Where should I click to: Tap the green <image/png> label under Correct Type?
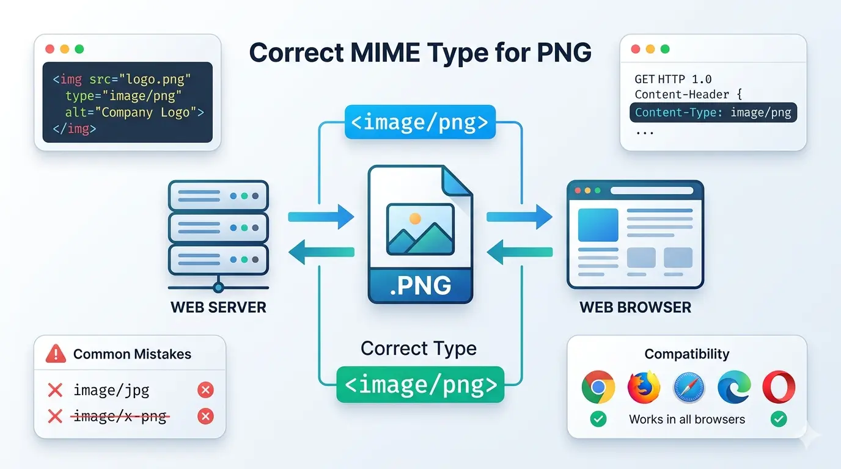click(x=420, y=385)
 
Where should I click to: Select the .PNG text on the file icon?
click(x=420, y=285)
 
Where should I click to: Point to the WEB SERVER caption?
click(x=218, y=307)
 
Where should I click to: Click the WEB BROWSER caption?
click(x=635, y=307)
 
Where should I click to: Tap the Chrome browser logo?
click(x=598, y=387)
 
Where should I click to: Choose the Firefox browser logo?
click(x=644, y=387)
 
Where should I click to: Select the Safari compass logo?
click(x=689, y=387)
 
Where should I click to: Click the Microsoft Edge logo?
click(x=734, y=387)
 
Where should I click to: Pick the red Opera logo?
click(x=779, y=387)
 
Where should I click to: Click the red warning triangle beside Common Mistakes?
click(x=56, y=353)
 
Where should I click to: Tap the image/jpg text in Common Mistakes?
click(x=111, y=390)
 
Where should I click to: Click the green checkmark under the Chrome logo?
click(x=598, y=419)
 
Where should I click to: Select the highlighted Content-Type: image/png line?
click(x=713, y=112)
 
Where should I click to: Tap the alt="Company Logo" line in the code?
click(x=134, y=112)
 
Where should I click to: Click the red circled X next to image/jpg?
click(x=206, y=390)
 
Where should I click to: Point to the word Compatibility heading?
click(x=687, y=354)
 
